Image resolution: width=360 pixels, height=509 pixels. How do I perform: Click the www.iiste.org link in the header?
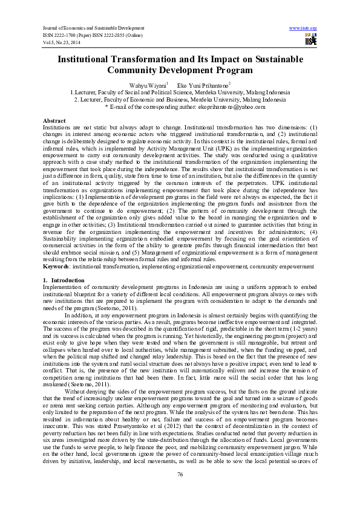click(x=303, y=28)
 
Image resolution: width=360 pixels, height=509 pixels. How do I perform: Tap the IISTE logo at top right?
click(x=311, y=40)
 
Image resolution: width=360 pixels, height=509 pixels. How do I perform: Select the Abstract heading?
click(x=54, y=121)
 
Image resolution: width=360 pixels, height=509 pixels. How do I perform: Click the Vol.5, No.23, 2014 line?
click(x=64, y=42)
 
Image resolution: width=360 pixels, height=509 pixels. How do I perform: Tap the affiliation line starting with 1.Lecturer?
click(x=179, y=92)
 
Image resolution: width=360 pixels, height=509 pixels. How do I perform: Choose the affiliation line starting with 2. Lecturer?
click(x=179, y=100)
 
